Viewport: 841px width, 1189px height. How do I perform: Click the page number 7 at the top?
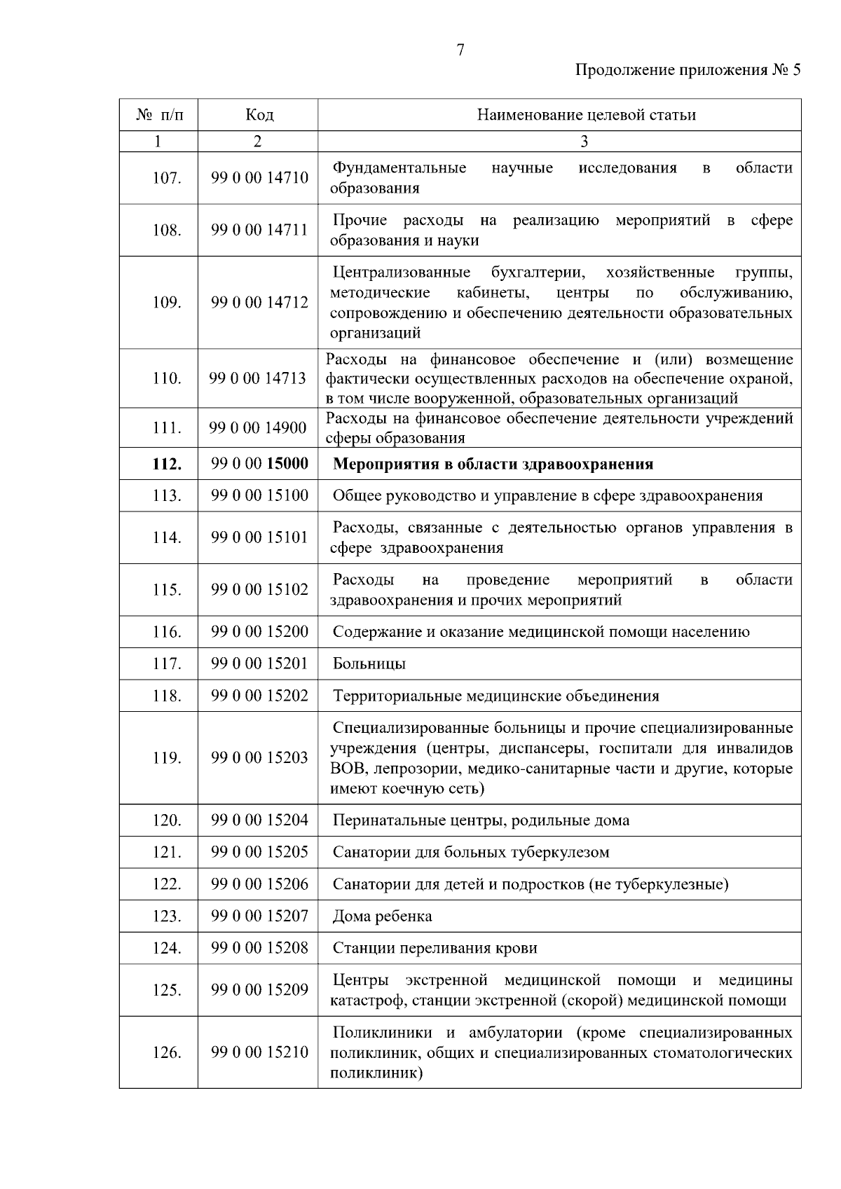point(460,50)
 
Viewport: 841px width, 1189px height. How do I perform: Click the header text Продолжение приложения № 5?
point(687,70)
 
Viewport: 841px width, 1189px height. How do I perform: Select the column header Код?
point(259,115)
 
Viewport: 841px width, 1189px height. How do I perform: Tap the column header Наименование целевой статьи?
point(586,115)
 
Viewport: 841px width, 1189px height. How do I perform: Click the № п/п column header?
point(159,115)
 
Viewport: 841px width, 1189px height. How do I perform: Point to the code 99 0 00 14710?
point(259,178)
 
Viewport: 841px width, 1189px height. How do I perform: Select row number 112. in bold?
point(167,464)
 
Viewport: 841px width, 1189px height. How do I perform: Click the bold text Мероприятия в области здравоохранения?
point(493,464)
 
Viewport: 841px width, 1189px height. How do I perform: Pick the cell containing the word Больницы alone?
point(369,664)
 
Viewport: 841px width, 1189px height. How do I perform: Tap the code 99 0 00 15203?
point(259,758)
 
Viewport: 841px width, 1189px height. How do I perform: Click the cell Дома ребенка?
point(382,916)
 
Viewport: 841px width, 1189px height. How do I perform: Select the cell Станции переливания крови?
point(435,948)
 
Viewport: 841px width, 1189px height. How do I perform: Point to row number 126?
point(167,1052)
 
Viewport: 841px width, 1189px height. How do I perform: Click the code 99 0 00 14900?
point(258,428)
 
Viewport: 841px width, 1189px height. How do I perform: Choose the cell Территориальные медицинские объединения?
point(495,696)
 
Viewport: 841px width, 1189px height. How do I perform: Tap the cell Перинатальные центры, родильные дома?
point(481,820)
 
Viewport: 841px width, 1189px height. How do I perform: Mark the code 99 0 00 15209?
point(259,990)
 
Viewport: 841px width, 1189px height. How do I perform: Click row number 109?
point(167,303)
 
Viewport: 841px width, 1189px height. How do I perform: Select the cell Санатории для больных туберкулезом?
point(470,853)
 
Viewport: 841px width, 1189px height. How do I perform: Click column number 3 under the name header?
point(583,142)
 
